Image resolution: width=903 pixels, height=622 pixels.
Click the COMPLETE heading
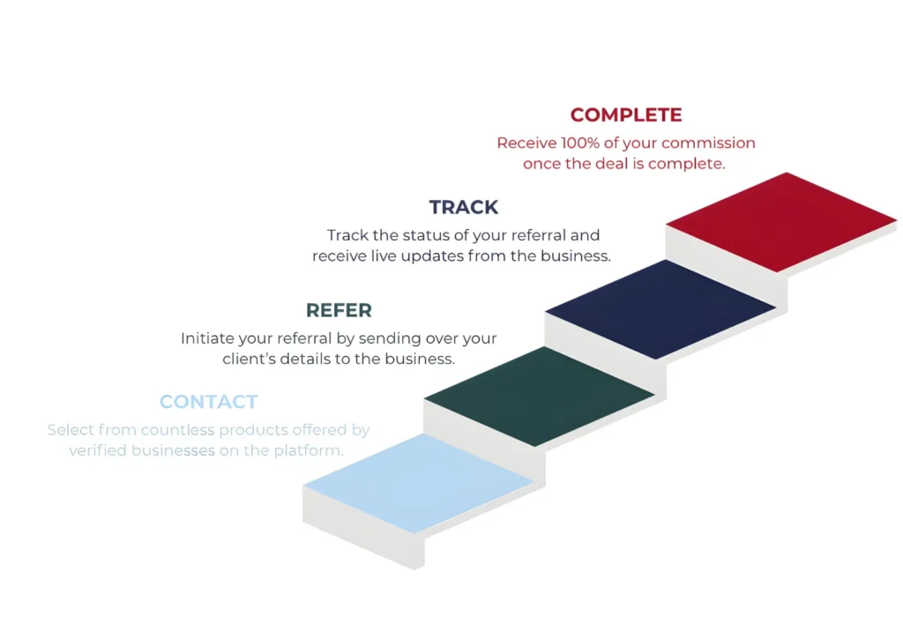626,115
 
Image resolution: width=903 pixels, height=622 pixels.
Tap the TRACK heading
464,208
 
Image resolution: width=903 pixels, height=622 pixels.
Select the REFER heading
339,310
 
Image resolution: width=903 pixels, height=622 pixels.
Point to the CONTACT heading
209,402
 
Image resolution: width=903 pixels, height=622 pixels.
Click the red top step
781,221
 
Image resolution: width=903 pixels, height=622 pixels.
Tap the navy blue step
660,308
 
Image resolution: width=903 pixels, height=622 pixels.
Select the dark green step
539,396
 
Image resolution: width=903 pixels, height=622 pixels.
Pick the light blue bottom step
418,483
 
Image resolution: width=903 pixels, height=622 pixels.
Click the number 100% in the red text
583,143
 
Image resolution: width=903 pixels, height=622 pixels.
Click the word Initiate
207,338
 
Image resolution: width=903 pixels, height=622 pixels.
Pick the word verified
98,451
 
